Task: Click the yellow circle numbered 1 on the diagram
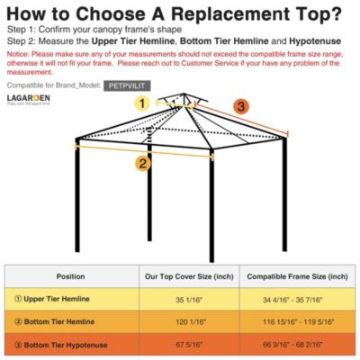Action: tap(142, 103)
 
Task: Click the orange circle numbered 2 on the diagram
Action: tap(142, 163)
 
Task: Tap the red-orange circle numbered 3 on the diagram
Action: tap(240, 107)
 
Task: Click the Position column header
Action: tap(70, 276)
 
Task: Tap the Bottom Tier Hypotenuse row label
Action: tap(59, 344)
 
